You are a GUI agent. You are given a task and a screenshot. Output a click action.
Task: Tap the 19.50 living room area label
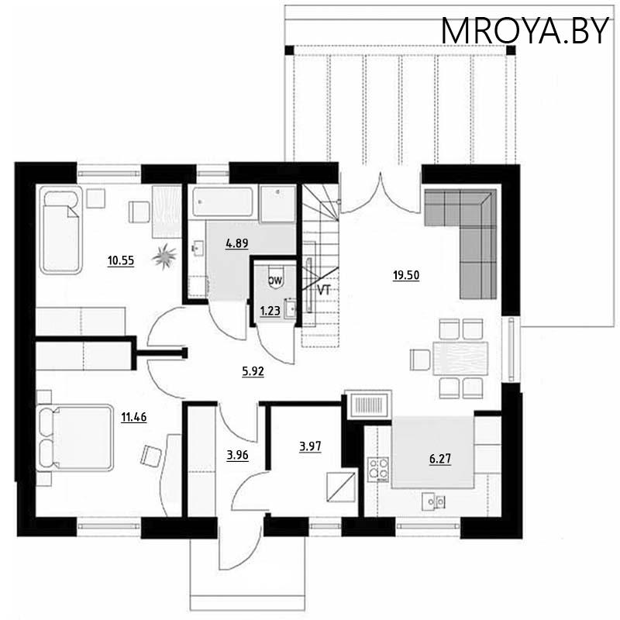tap(406, 275)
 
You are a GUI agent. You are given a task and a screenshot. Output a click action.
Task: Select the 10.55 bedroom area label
tap(122, 261)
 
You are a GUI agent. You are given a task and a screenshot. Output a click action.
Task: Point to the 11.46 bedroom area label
tap(134, 416)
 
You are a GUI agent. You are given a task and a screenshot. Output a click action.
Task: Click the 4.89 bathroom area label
tap(236, 243)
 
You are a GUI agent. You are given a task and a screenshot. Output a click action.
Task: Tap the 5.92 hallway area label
tap(253, 371)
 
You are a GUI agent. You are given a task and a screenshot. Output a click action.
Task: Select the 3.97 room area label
tap(309, 446)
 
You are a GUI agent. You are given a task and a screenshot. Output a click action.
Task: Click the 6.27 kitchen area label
tap(439, 458)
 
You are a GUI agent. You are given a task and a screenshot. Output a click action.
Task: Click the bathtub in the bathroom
tap(224, 203)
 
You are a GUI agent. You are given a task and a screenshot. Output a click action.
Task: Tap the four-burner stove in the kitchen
tap(378, 467)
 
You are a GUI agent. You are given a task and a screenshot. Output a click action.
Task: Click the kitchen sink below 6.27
tap(433, 501)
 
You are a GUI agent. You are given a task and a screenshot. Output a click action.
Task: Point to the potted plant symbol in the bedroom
tap(165, 254)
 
